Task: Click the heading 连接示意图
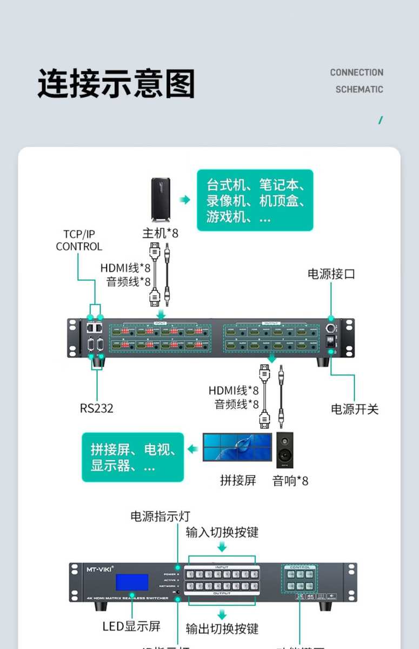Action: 116,84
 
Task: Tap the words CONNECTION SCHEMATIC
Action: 357,81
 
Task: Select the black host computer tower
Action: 161,200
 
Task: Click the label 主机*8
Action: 160,233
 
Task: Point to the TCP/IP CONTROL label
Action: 79,240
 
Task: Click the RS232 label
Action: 97,408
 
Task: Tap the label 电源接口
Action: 331,274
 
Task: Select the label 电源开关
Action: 355,409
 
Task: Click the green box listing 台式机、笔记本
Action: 255,200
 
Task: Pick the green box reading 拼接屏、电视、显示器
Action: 133,457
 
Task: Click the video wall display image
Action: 237,447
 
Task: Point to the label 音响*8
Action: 290,480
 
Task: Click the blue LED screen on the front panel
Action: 132,582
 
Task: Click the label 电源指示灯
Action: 160,516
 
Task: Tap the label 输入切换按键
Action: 222,532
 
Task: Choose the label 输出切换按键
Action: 222,628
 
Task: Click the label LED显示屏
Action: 131,627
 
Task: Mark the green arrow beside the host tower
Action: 185,200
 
